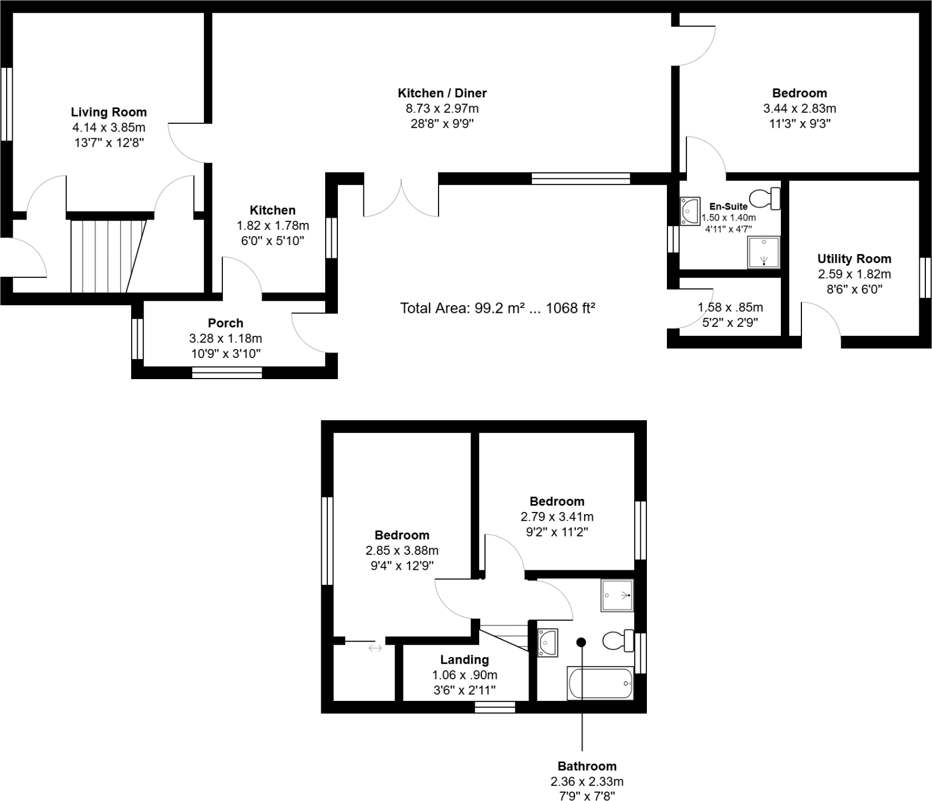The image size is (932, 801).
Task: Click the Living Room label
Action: [x=108, y=112]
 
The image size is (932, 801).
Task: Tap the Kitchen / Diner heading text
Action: [x=442, y=93]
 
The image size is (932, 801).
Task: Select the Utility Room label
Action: [x=854, y=258]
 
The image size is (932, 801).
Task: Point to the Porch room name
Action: [x=225, y=323]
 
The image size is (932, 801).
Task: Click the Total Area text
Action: [x=497, y=309]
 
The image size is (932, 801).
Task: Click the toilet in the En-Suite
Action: [x=765, y=198]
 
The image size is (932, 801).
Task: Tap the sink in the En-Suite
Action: [x=690, y=211]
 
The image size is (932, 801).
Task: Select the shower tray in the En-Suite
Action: [x=764, y=252]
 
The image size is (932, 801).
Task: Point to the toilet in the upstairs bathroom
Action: [x=619, y=640]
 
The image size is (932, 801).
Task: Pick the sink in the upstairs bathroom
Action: [x=547, y=643]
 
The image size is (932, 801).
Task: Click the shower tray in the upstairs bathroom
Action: [x=617, y=595]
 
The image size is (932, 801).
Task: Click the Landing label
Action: [x=464, y=660]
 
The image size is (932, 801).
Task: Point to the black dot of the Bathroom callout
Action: [x=581, y=642]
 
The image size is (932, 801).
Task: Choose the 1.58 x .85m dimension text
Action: [x=730, y=307]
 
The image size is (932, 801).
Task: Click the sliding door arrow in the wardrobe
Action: [x=375, y=648]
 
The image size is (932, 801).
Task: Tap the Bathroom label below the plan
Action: [x=587, y=767]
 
